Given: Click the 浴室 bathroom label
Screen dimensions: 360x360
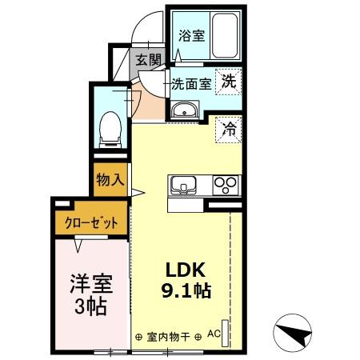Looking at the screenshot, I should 190,35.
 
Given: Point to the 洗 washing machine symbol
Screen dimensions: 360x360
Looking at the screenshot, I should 230,80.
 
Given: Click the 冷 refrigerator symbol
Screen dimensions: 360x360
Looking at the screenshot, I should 230,128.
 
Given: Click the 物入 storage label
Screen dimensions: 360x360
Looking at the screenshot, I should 110,179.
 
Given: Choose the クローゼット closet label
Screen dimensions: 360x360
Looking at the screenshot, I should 90,223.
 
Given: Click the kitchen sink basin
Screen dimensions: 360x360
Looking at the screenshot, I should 184,186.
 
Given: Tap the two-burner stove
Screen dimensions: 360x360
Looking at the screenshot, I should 226,186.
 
